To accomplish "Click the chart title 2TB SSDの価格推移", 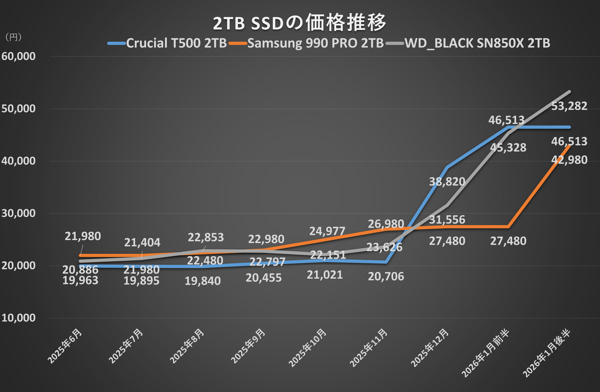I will click(x=300, y=23).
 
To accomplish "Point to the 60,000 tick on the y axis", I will click(x=19, y=56).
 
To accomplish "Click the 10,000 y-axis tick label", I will click(x=19, y=318).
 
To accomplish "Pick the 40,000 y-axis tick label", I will click(x=19, y=161).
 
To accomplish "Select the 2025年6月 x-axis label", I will click(x=64, y=346).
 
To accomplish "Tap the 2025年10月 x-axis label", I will click(x=307, y=348).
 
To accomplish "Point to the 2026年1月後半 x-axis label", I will click(x=546, y=354).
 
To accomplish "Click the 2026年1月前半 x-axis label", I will click(x=485, y=354).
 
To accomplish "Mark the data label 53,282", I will click(x=569, y=106).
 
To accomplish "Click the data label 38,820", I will click(x=447, y=182).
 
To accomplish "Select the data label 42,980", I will click(x=569, y=160).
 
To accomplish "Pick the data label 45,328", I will click(x=508, y=148).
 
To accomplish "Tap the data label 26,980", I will click(x=386, y=224).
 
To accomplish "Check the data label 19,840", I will click(x=202, y=281).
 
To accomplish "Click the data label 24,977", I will click(x=327, y=231).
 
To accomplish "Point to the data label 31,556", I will click(x=447, y=220).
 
